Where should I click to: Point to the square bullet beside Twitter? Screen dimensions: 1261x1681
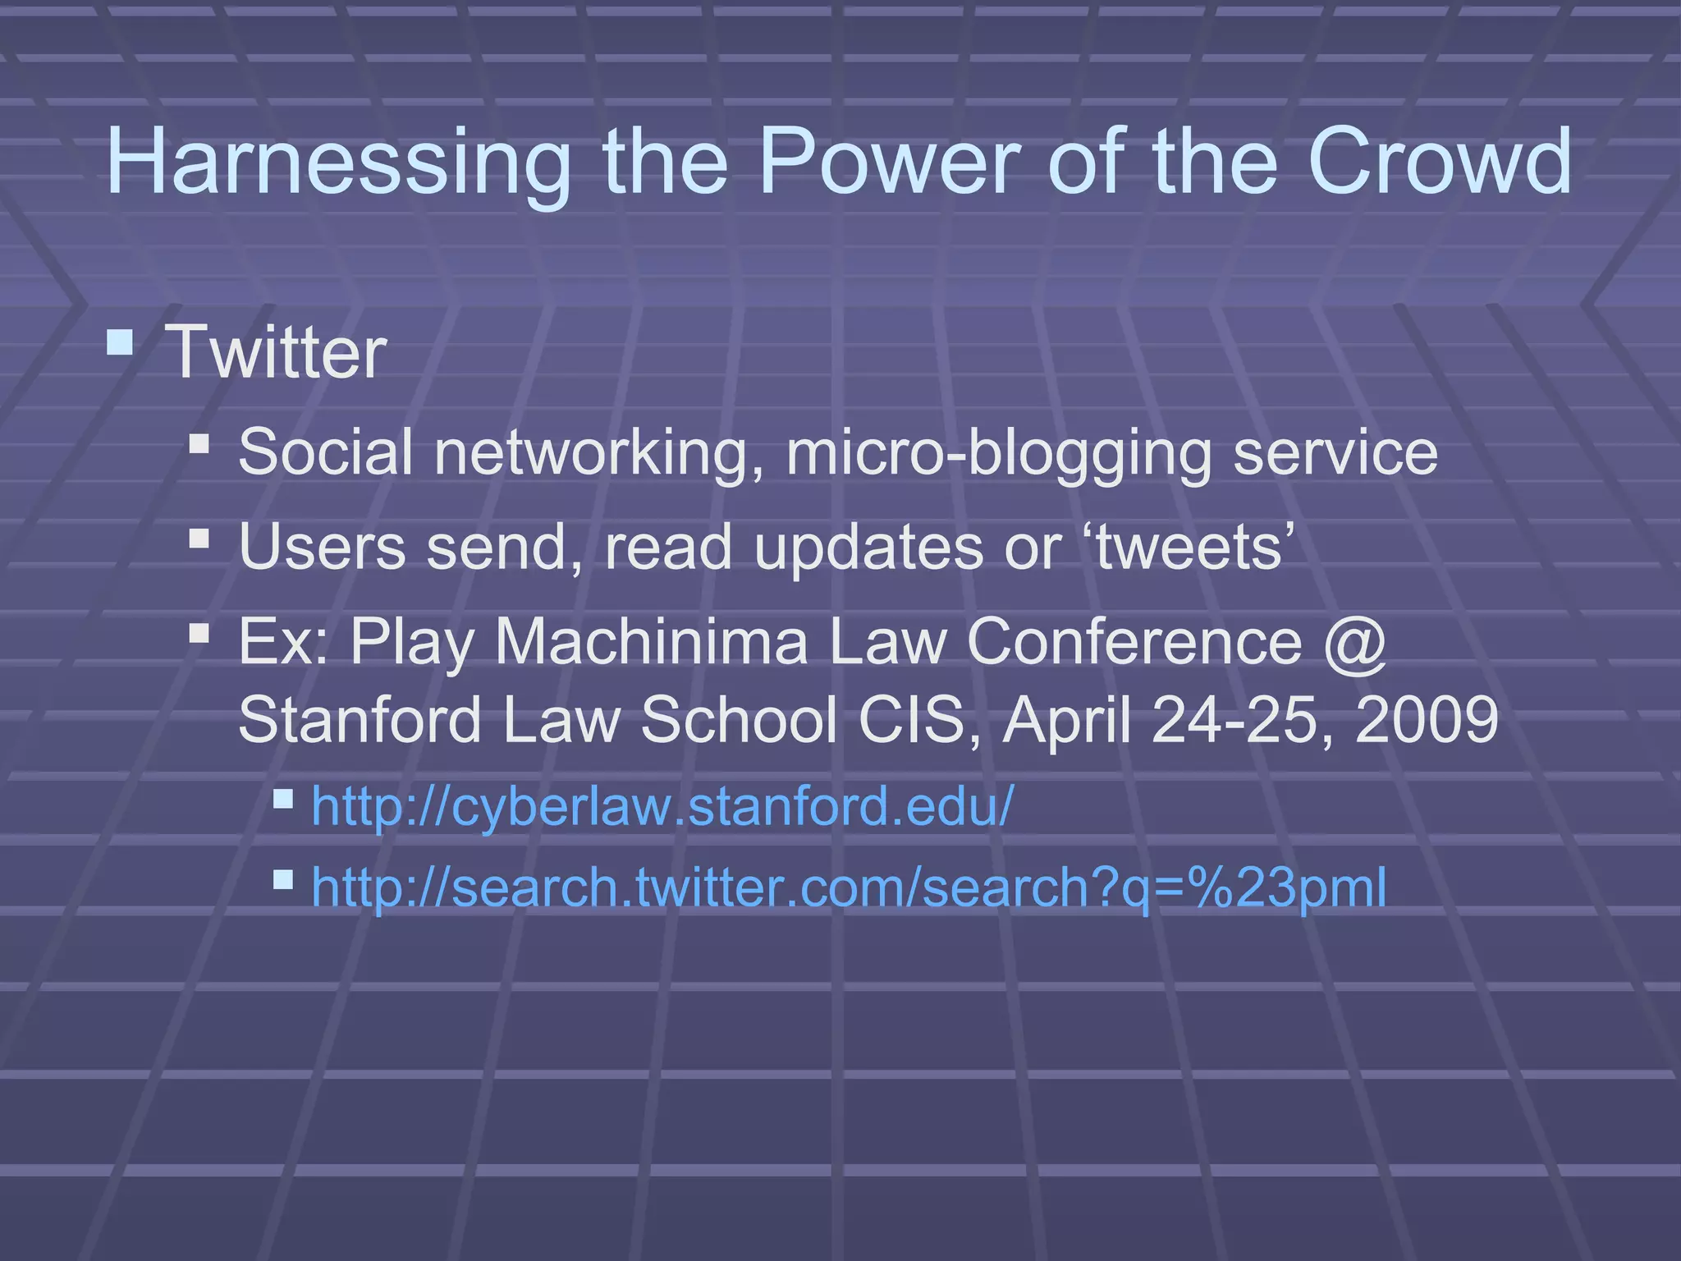pyautogui.click(x=121, y=342)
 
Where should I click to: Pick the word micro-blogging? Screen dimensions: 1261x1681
pyautogui.click(x=998, y=453)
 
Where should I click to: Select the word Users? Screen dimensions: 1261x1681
pyautogui.click(x=322, y=547)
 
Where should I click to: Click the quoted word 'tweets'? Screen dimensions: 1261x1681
pyautogui.click(x=1189, y=547)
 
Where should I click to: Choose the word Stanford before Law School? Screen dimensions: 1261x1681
pyautogui.click(x=360, y=719)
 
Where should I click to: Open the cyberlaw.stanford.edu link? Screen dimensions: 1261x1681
pyautogui.click(x=662, y=806)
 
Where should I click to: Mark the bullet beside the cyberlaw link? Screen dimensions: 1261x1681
pyautogui.click(x=283, y=799)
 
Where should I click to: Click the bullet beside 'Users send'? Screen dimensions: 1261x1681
pyautogui.click(x=199, y=539)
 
